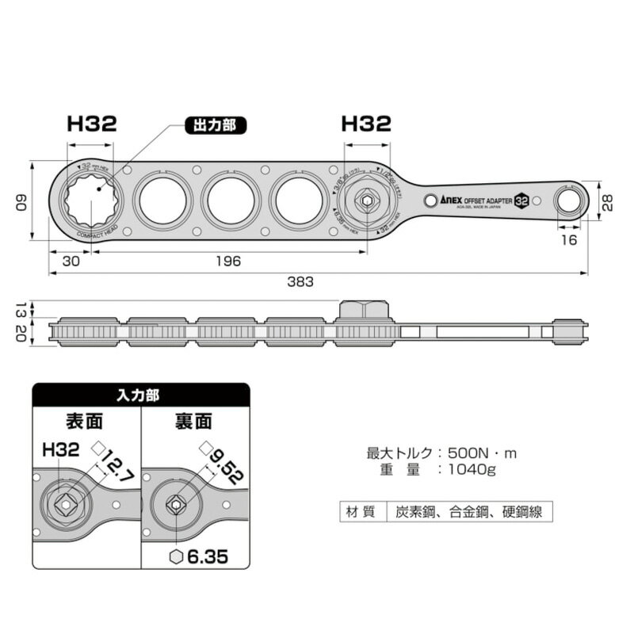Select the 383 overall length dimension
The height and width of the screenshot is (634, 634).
point(300,281)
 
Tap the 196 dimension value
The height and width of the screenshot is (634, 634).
point(227,260)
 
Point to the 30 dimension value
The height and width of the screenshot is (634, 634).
point(71,260)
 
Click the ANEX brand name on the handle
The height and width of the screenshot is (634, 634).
point(453,201)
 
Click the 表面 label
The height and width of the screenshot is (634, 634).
point(86,421)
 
